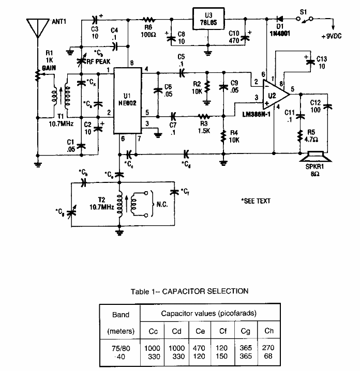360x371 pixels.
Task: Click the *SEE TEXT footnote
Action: [x=256, y=200]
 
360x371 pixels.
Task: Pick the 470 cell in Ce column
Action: [x=199, y=348]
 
